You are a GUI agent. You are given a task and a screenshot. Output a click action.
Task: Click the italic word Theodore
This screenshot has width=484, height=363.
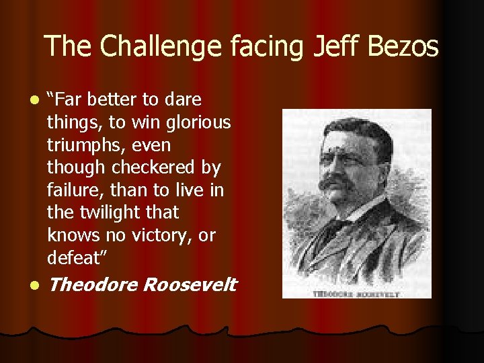tap(93, 284)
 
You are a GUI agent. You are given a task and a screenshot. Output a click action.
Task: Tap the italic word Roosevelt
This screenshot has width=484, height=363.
tap(190, 284)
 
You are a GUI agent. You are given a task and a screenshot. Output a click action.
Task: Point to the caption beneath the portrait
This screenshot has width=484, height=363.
tap(356, 293)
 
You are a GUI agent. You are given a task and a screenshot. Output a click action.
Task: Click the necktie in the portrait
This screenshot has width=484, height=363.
tap(338, 229)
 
